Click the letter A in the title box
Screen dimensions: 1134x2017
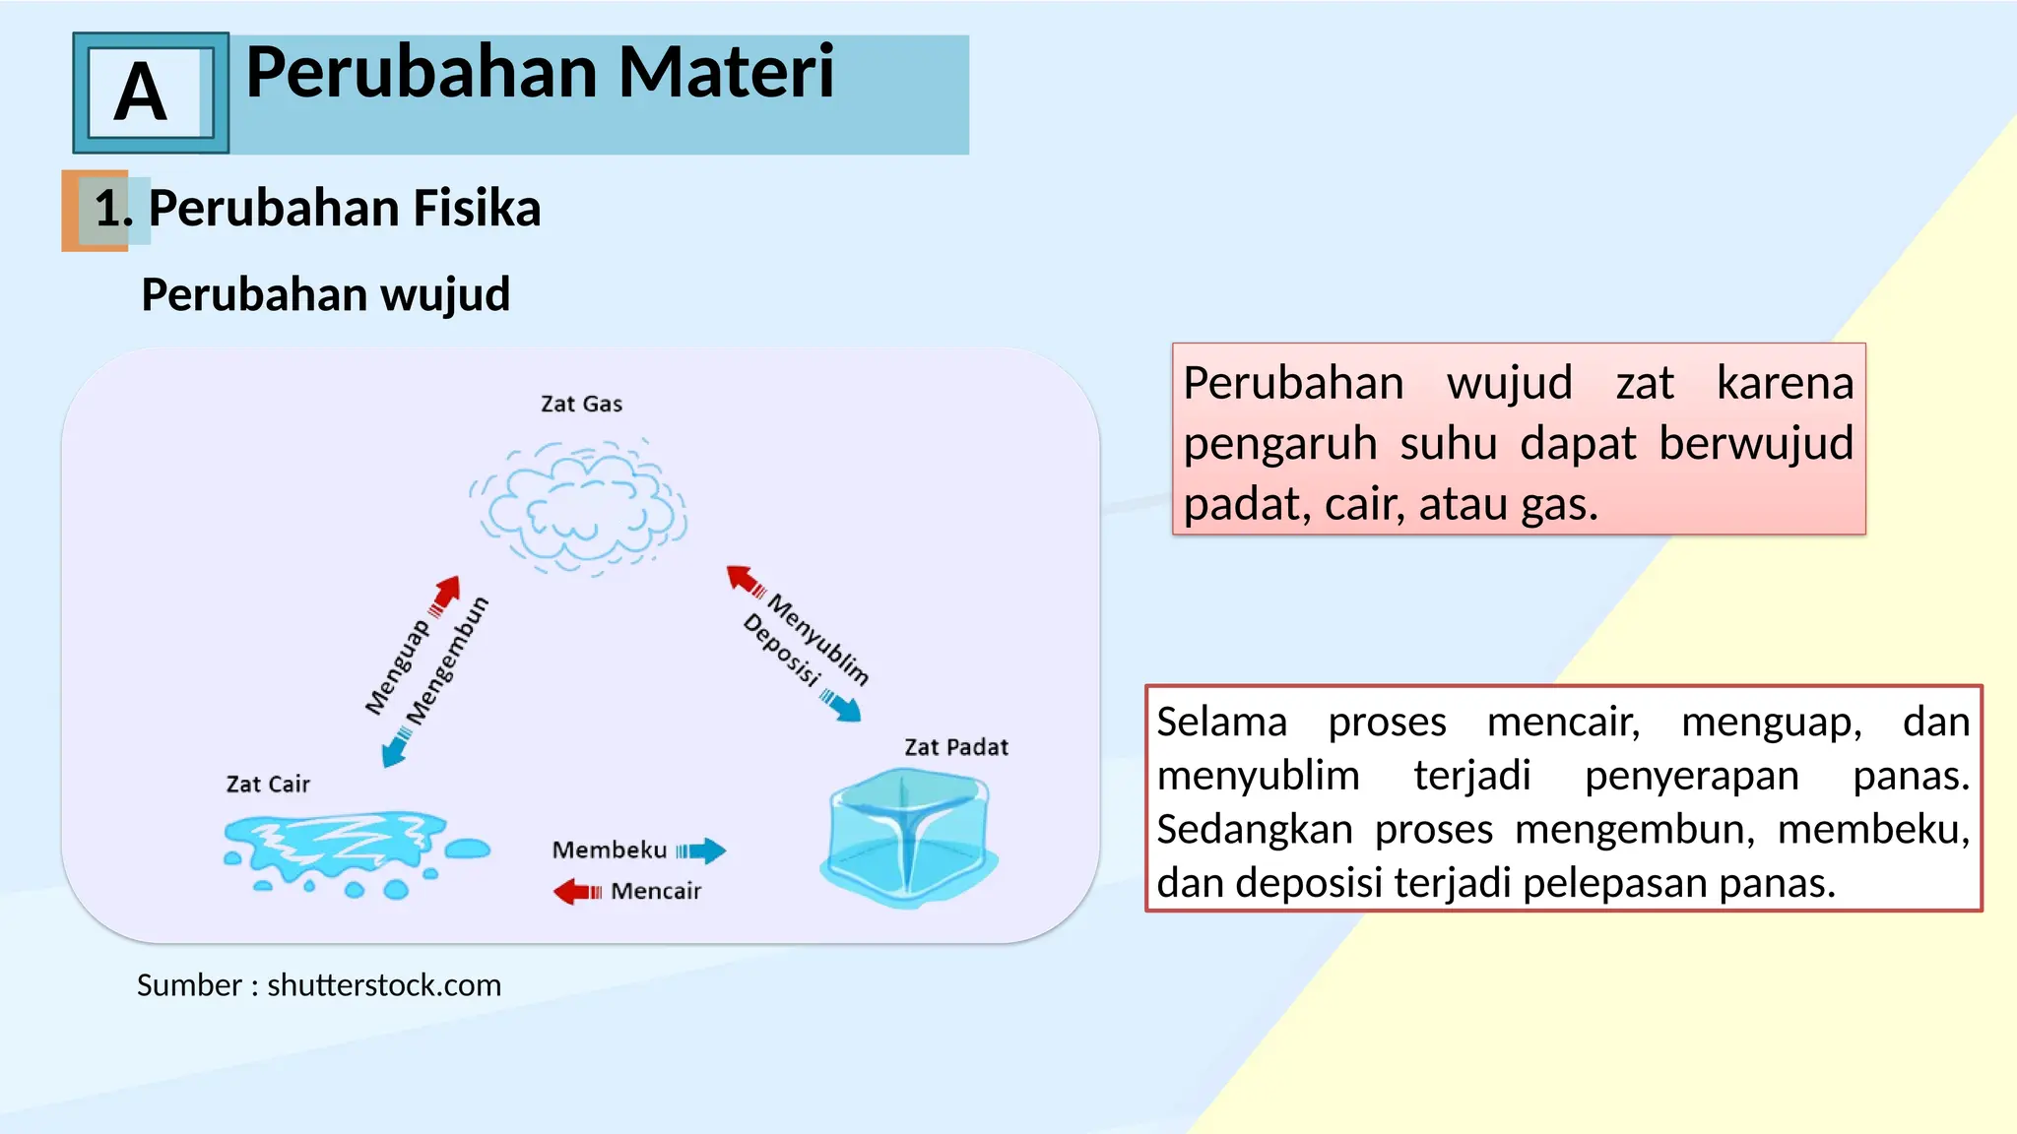pos(141,93)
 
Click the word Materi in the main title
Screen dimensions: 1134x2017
pos(726,73)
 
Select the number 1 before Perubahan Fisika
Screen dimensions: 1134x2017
pos(110,209)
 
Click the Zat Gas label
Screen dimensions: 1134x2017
pos(581,404)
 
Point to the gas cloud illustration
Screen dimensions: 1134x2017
pos(578,507)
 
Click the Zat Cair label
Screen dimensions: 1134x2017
pos(268,785)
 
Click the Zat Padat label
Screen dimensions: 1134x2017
pos(955,747)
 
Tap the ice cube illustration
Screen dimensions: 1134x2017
pos(907,836)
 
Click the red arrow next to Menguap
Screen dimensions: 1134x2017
pos(445,595)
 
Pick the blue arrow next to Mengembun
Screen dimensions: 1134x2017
pos(396,747)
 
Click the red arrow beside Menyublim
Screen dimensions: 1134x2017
pos(745,580)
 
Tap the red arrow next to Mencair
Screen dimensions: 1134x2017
pos(576,892)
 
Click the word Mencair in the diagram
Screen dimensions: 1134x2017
pos(656,891)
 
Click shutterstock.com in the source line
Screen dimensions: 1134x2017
pos(384,985)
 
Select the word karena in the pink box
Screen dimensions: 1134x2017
pos(1784,383)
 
